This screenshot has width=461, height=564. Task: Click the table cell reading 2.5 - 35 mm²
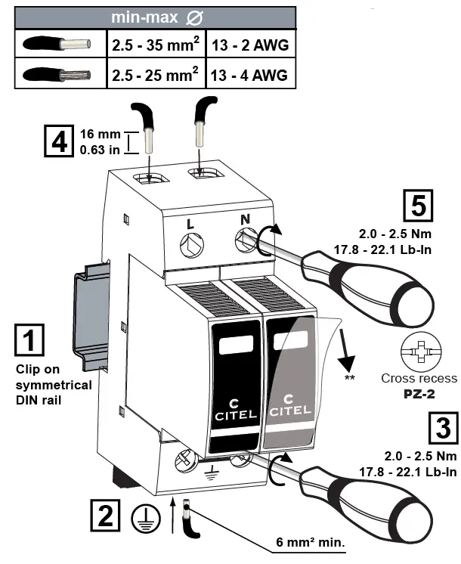click(156, 45)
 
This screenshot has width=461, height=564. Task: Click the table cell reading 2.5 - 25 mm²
click(156, 76)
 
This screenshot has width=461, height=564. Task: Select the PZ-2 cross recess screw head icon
click(419, 352)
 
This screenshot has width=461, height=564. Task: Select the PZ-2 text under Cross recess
click(419, 393)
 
